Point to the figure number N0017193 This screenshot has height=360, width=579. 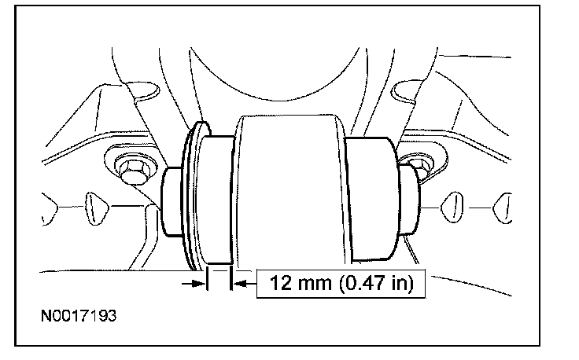click(79, 316)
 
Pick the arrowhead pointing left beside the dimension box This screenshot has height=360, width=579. click(240, 284)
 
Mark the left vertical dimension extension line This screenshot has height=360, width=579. click(207, 278)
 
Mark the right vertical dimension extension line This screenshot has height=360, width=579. click(231, 278)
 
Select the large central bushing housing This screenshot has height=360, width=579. click(289, 190)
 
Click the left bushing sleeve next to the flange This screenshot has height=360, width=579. click(216, 200)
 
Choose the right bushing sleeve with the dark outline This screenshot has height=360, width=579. click(373, 198)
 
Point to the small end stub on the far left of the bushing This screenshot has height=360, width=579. click(172, 202)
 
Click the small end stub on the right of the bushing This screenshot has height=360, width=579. click(409, 199)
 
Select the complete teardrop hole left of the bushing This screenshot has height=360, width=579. click(97, 208)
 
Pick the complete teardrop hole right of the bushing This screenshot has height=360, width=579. click(452, 208)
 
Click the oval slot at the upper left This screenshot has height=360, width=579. click(143, 90)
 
